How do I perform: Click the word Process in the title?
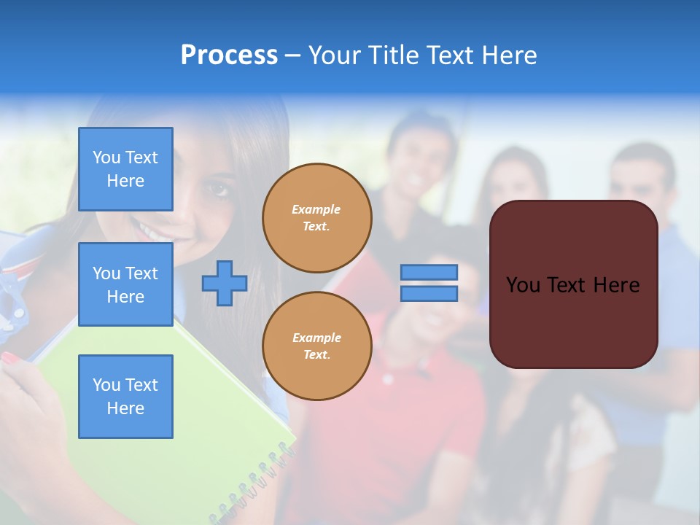[229, 55]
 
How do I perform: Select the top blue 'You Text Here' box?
[125, 169]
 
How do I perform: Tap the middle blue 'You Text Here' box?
[125, 284]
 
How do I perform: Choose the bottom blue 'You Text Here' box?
[125, 397]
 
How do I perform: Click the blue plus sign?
[225, 283]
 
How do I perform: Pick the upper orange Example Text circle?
[316, 218]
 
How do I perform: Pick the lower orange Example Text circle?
[316, 346]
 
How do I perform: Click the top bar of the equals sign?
[429, 272]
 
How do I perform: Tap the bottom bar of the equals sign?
[429, 293]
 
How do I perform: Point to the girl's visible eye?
[217, 189]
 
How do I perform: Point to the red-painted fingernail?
[11, 358]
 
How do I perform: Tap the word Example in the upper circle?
[316, 209]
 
